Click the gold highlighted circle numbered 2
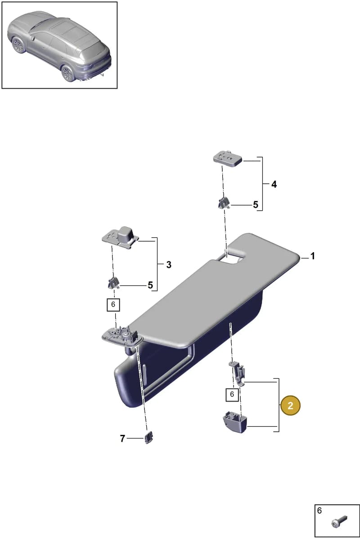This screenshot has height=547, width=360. coord(290,406)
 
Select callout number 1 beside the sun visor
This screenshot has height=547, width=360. coord(312,256)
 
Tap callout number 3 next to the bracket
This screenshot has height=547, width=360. coord(169,265)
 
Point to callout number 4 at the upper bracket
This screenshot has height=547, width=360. coord(274,185)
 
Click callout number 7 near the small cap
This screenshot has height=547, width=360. coord(122,439)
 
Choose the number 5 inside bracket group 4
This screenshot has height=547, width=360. coord(255,205)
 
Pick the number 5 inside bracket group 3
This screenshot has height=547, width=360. coord(150,285)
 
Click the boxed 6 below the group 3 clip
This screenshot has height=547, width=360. coord(113,304)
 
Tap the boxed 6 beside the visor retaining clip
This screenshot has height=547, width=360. coord(232,394)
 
